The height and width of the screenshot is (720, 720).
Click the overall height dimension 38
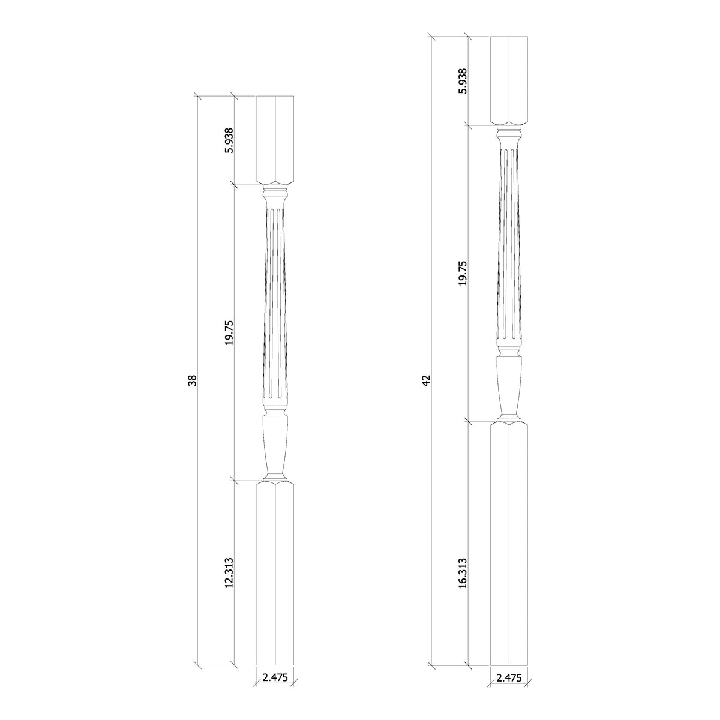193,380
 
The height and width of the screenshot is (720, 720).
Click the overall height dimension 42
427,380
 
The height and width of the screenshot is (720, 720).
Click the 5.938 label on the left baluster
229,140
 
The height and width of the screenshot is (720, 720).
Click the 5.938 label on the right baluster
463,81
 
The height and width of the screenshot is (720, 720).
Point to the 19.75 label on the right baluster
463,273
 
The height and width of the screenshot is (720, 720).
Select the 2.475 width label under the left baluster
275,677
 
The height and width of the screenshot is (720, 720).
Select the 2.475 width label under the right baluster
509,677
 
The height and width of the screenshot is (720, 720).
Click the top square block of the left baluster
275,139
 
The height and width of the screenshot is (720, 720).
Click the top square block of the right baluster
509,80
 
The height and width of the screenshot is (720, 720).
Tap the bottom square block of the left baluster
275,580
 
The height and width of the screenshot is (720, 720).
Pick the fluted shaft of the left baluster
275,306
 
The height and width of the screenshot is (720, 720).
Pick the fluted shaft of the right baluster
509,246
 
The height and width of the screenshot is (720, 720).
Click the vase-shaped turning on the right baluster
509,384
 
